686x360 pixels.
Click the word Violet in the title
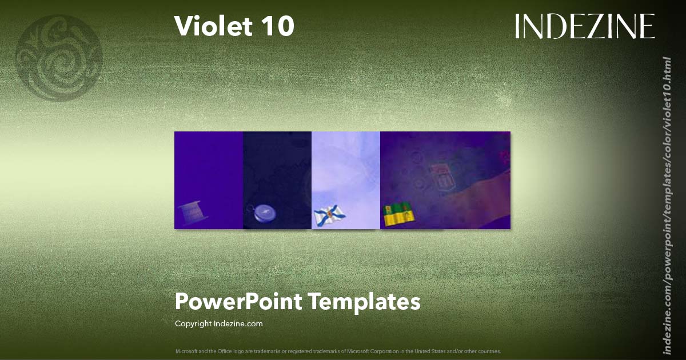pos(211,26)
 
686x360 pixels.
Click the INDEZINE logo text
pos(584,26)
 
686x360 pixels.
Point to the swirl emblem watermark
pos(59,58)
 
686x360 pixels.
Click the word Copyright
pos(193,323)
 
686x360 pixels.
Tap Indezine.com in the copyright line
pos(238,323)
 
